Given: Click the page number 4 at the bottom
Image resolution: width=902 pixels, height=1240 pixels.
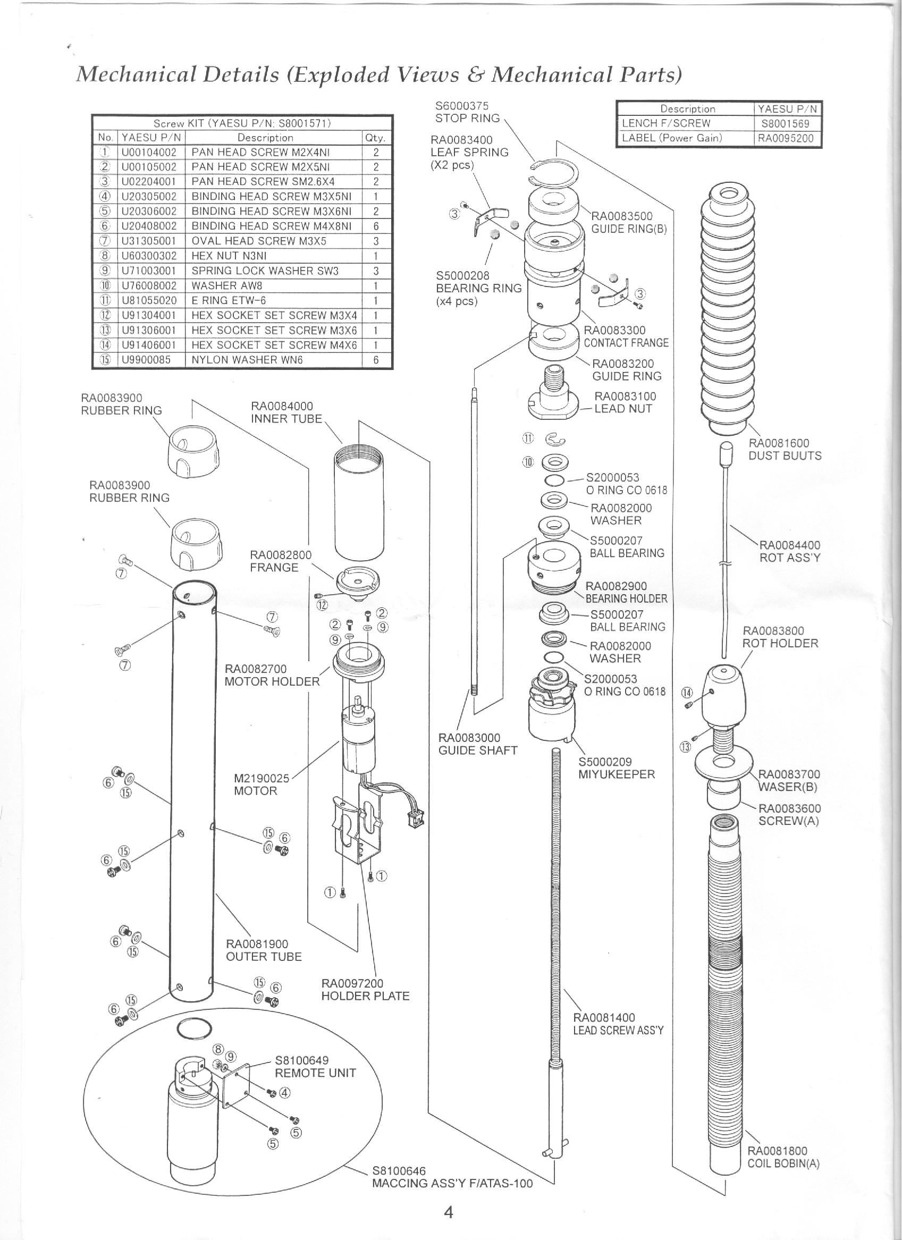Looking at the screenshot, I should tap(448, 1197).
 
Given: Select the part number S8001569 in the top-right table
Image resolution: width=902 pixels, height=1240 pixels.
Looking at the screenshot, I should tap(787, 123).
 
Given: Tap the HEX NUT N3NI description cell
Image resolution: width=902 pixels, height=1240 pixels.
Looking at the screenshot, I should tap(229, 256).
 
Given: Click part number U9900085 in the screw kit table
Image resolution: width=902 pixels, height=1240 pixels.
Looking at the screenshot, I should tap(146, 360).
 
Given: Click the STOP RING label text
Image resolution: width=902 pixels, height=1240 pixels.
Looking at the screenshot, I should tap(467, 118).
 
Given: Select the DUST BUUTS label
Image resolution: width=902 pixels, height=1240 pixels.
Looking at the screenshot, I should tap(785, 455).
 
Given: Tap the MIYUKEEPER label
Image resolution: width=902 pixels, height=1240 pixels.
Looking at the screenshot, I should tap(616, 774).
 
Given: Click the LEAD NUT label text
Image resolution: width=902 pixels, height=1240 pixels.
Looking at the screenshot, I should tap(622, 408).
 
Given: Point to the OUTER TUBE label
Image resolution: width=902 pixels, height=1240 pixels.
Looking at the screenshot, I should tap(264, 956).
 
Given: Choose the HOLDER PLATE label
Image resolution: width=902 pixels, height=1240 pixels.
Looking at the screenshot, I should tap(365, 996).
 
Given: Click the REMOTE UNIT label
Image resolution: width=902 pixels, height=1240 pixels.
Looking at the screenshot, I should tap(315, 1073).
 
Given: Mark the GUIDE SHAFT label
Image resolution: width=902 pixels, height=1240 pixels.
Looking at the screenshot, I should tap(477, 750).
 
